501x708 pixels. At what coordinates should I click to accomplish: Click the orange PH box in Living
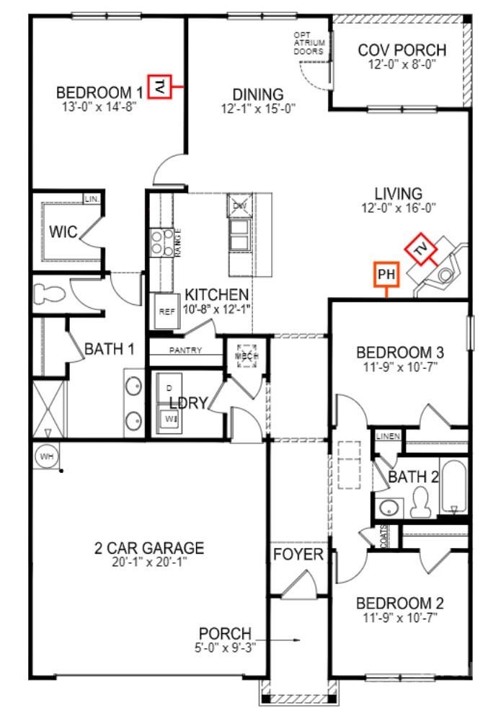click(x=387, y=274)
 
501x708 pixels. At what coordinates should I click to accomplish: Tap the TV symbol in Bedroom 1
click(x=159, y=87)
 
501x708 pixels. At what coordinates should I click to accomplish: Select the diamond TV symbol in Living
click(x=420, y=249)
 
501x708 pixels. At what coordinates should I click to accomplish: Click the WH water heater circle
click(x=46, y=456)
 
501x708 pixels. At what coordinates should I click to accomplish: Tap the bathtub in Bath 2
click(x=453, y=488)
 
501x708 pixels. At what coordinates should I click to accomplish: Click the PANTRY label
click(x=185, y=350)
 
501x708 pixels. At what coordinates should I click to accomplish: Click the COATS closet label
click(x=384, y=535)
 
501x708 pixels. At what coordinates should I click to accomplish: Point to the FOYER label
click(x=298, y=554)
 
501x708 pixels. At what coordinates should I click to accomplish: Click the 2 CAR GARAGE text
click(x=149, y=548)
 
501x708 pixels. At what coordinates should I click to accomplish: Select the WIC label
click(x=63, y=231)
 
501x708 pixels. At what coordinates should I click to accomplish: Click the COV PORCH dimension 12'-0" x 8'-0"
click(x=402, y=63)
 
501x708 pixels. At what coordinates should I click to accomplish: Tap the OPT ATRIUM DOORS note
click(x=309, y=43)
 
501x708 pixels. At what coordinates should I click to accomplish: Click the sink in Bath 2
click(x=390, y=507)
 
